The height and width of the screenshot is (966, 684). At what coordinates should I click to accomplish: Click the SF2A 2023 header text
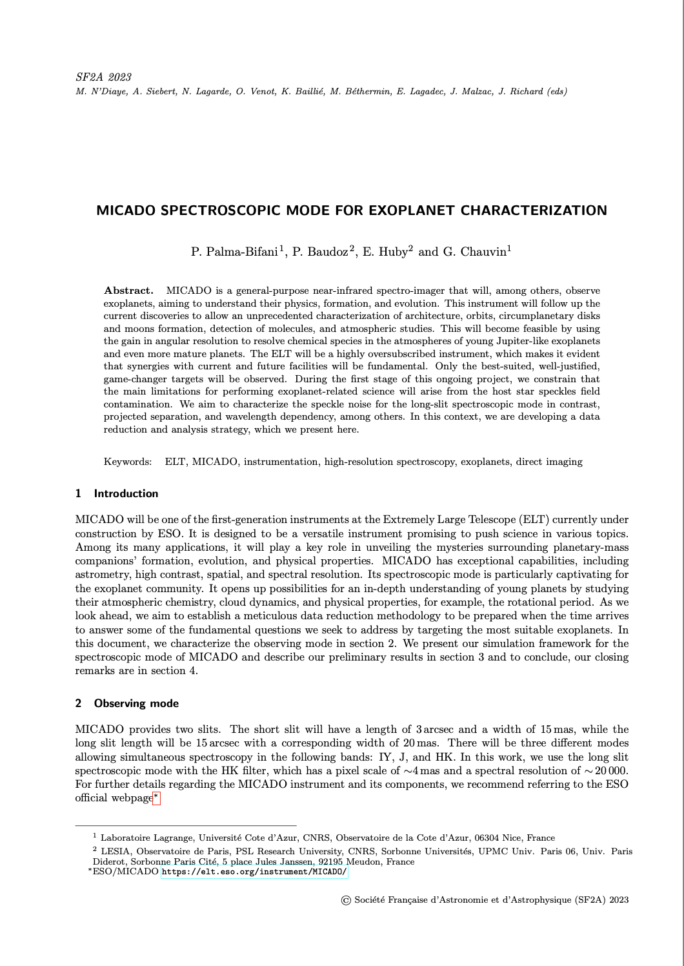click(x=103, y=77)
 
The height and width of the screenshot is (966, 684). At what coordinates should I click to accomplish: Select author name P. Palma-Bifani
click(x=234, y=252)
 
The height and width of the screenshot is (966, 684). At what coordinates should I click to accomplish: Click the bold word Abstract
click(x=128, y=291)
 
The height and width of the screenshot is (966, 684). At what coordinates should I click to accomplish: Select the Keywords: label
click(x=128, y=462)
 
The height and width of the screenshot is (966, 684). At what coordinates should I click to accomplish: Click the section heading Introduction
click(x=126, y=494)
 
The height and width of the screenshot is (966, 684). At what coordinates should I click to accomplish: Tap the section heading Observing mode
click(x=136, y=704)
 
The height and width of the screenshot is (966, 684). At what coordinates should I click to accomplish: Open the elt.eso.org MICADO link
click(x=254, y=872)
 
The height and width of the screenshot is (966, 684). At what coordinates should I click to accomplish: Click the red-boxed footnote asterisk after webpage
click(x=156, y=799)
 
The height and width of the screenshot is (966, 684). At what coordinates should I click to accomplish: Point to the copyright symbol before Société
click(x=345, y=900)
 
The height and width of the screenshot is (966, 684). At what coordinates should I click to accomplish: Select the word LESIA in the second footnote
click(x=116, y=852)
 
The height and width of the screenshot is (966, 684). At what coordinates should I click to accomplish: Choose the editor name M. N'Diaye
click(x=100, y=92)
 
